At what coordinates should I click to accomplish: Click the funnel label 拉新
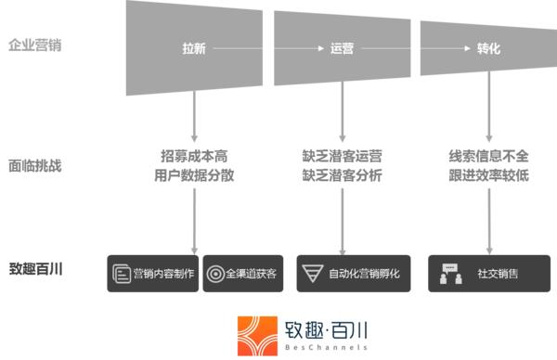(194, 49)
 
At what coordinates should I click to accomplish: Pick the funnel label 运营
(341, 49)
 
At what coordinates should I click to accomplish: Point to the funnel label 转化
(488, 49)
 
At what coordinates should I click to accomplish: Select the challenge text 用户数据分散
(194, 174)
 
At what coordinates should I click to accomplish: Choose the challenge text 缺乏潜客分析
(342, 174)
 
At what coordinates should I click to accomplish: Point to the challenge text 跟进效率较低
(489, 174)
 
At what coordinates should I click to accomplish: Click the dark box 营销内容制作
(153, 274)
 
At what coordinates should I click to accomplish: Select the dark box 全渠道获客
(242, 274)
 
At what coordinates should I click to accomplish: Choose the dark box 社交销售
(488, 274)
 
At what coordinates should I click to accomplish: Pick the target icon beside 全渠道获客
(215, 274)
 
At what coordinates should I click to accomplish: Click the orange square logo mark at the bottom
(256, 335)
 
